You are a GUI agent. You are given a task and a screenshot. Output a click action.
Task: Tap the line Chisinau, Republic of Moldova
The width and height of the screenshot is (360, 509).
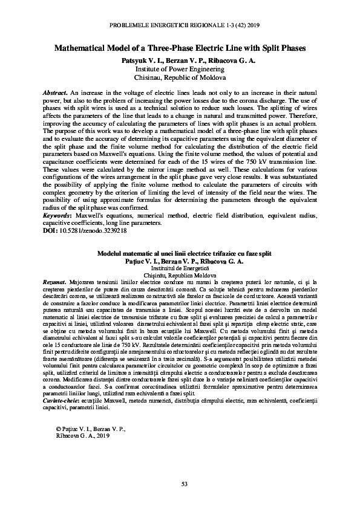(x=179, y=78)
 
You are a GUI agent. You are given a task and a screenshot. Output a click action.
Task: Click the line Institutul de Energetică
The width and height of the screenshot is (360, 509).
(x=180, y=267)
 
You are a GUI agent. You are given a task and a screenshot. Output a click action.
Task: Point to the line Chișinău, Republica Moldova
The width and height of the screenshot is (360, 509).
(x=180, y=274)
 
